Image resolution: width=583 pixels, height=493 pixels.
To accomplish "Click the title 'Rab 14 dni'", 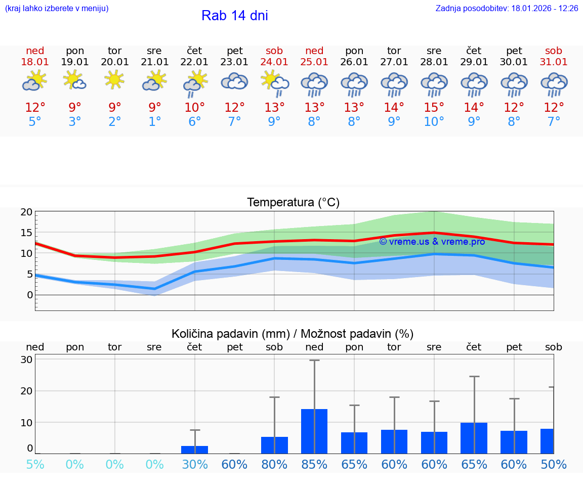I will (x=234, y=16).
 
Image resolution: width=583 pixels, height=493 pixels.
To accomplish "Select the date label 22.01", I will (x=194, y=62).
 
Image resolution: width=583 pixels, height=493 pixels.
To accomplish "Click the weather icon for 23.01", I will (x=234, y=82).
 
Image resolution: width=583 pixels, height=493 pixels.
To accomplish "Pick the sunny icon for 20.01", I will (x=115, y=79).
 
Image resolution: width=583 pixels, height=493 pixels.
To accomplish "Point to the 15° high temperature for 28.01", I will (x=434, y=108).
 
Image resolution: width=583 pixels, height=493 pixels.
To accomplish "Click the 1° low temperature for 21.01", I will (x=154, y=122).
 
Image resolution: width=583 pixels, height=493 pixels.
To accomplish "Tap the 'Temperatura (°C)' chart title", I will (x=293, y=203).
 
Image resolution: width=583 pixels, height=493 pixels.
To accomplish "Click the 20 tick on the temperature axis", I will (x=26, y=212).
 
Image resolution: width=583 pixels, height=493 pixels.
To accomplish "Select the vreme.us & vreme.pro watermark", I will (x=432, y=242).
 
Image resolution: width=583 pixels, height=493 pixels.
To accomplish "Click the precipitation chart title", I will (x=293, y=334).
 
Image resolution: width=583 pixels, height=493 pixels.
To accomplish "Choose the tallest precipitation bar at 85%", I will (x=314, y=431).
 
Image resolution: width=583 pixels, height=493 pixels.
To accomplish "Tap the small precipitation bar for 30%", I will (x=194, y=450).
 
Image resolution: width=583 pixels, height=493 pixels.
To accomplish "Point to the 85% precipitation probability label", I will (x=314, y=464).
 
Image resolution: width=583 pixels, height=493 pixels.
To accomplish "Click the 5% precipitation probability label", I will (x=35, y=464).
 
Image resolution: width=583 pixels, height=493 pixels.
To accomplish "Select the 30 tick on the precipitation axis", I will (x=26, y=360).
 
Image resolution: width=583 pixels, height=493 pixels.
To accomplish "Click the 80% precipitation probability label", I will (x=274, y=464).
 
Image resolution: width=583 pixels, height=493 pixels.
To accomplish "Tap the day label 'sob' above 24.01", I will (x=274, y=51).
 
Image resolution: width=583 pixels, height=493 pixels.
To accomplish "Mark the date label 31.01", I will (x=554, y=62).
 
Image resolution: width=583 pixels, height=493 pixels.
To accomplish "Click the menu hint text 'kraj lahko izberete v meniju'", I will (x=57, y=9).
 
